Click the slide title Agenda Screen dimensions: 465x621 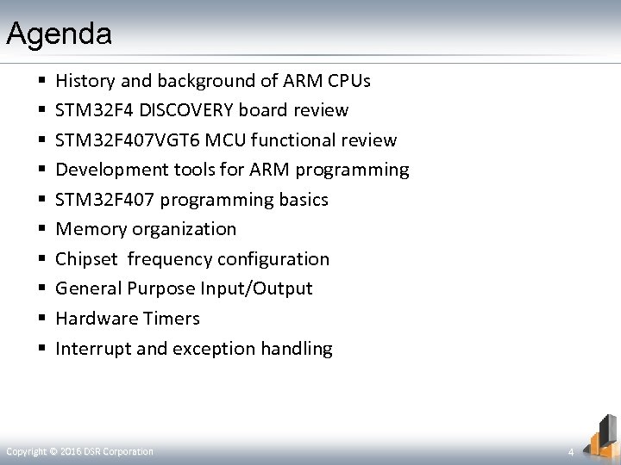tap(59, 34)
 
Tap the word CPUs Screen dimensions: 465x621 tap(348, 81)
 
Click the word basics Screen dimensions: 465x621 tap(298, 200)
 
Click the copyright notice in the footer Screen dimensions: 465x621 tap(79, 451)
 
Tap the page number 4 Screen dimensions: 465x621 tap(570, 452)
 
